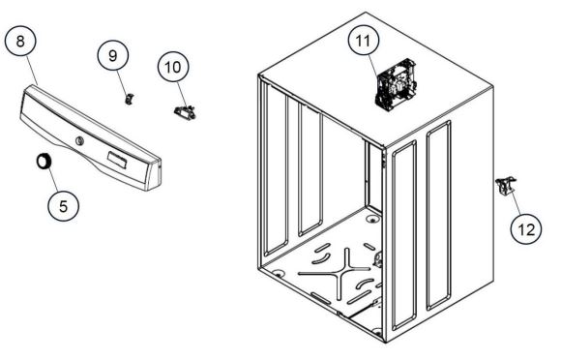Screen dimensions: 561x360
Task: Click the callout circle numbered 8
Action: point(20,41)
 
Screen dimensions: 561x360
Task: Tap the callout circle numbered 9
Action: point(113,55)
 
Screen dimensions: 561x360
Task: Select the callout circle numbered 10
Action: point(173,67)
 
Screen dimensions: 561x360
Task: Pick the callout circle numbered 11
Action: point(364,41)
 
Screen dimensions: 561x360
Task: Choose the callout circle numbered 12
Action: point(526,229)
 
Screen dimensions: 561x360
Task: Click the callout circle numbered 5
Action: point(63,206)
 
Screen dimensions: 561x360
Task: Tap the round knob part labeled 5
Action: point(44,161)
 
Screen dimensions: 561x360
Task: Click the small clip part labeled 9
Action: point(130,99)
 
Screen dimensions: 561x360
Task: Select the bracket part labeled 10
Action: point(185,111)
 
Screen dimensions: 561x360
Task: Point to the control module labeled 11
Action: point(396,84)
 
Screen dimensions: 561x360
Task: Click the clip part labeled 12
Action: point(506,186)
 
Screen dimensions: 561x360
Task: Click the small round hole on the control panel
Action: point(79,140)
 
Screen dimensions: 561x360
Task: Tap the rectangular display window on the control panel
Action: point(117,159)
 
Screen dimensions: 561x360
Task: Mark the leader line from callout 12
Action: point(516,202)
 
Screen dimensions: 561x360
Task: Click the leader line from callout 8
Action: point(32,70)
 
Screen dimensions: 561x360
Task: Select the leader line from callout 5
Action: point(53,179)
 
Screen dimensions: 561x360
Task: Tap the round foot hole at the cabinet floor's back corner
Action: point(372,219)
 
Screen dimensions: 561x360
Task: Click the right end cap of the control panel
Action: point(154,176)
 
